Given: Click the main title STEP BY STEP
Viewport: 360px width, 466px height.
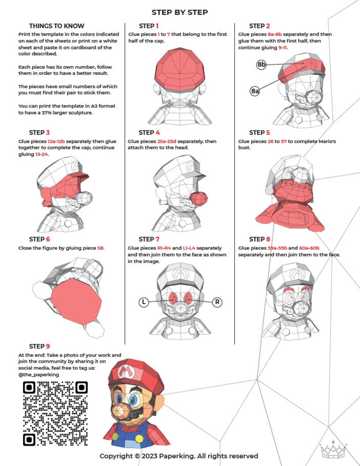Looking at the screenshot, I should pos(179,12).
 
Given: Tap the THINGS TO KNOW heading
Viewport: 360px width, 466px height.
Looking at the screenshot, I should pos(57,26).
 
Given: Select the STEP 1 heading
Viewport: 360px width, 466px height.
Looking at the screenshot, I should pos(148,26).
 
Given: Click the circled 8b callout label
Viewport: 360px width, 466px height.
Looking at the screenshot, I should pos(261,64).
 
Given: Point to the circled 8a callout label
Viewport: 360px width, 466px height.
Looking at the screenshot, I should pos(255,91).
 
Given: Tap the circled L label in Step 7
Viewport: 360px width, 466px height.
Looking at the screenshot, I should pos(144,302).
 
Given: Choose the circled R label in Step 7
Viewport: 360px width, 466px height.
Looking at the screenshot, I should pos(217,302).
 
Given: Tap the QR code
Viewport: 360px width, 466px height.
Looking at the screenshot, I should pos(55,413).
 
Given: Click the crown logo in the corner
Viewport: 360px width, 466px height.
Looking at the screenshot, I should pos(333,448).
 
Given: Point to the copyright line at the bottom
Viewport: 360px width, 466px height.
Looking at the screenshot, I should pos(179,456).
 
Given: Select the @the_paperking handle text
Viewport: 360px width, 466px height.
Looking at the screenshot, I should pos(39,375).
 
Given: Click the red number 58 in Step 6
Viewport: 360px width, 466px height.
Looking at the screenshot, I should pos(100,248).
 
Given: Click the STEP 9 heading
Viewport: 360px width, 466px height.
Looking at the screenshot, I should pos(39,346).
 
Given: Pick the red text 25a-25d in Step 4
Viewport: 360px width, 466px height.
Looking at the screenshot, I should pos(166,141).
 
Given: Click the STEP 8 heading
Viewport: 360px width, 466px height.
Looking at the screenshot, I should pos(259,239).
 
